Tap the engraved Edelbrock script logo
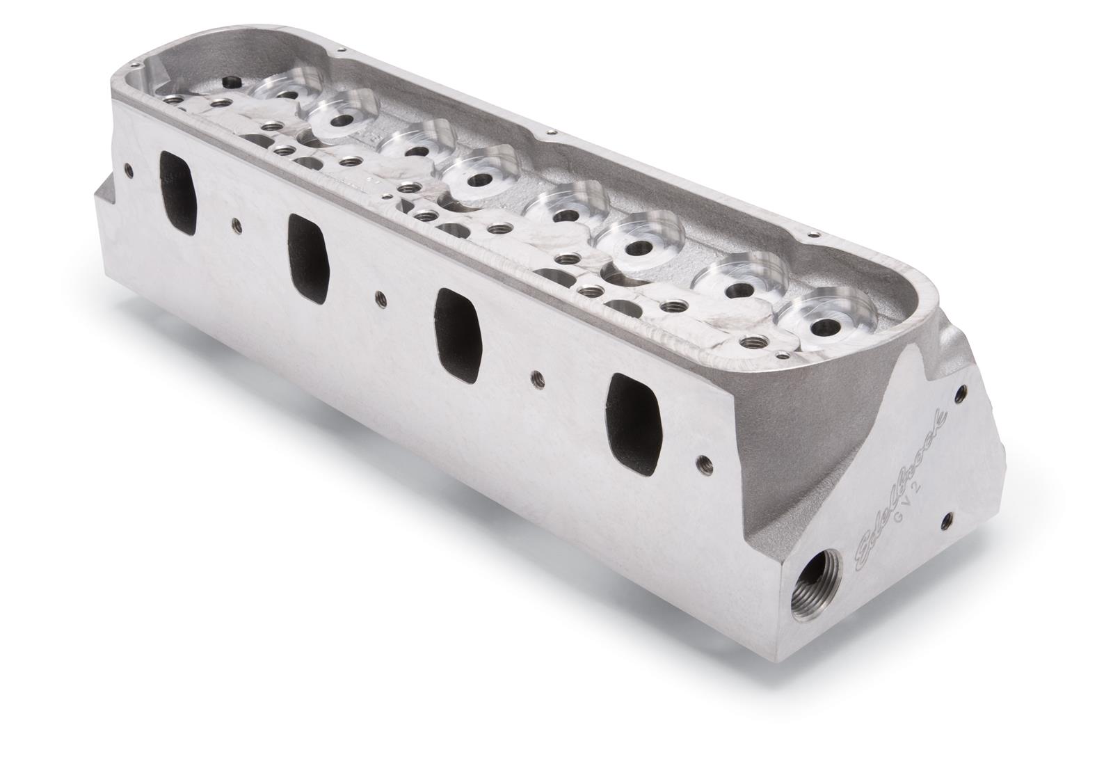904,480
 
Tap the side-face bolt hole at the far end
128,168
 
